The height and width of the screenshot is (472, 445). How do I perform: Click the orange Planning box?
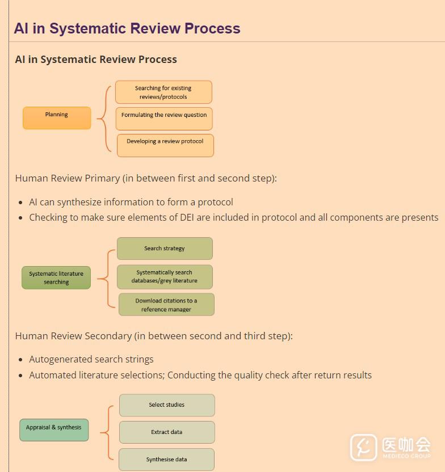click(x=57, y=118)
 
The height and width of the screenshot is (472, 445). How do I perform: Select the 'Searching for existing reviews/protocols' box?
click(x=163, y=92)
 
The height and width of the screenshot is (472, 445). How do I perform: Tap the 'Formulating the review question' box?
click(x=164, y=119)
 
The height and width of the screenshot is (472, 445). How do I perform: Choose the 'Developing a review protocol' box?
click(x=165, y=145)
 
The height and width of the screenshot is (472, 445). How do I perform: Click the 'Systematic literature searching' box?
click(x=56, y=278)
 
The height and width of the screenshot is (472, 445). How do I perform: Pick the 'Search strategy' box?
click(x=165, y=248)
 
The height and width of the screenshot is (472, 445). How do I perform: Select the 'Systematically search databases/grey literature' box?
click(x=165, y=277)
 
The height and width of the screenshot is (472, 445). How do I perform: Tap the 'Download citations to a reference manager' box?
click(x=166, y=305)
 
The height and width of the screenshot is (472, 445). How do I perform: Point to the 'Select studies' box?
click(x=167, y=405)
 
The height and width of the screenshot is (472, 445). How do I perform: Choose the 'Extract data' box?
click(x=167, y=432)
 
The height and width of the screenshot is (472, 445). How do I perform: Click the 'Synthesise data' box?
click(x=167, y=460)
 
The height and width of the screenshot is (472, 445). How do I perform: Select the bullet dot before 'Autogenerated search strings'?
click(x=21, y=360)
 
